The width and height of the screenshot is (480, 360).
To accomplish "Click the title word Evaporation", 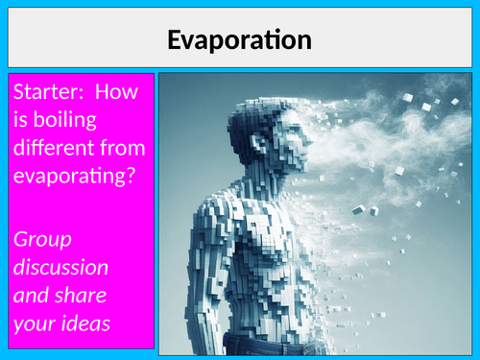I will (x=239, y=39).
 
